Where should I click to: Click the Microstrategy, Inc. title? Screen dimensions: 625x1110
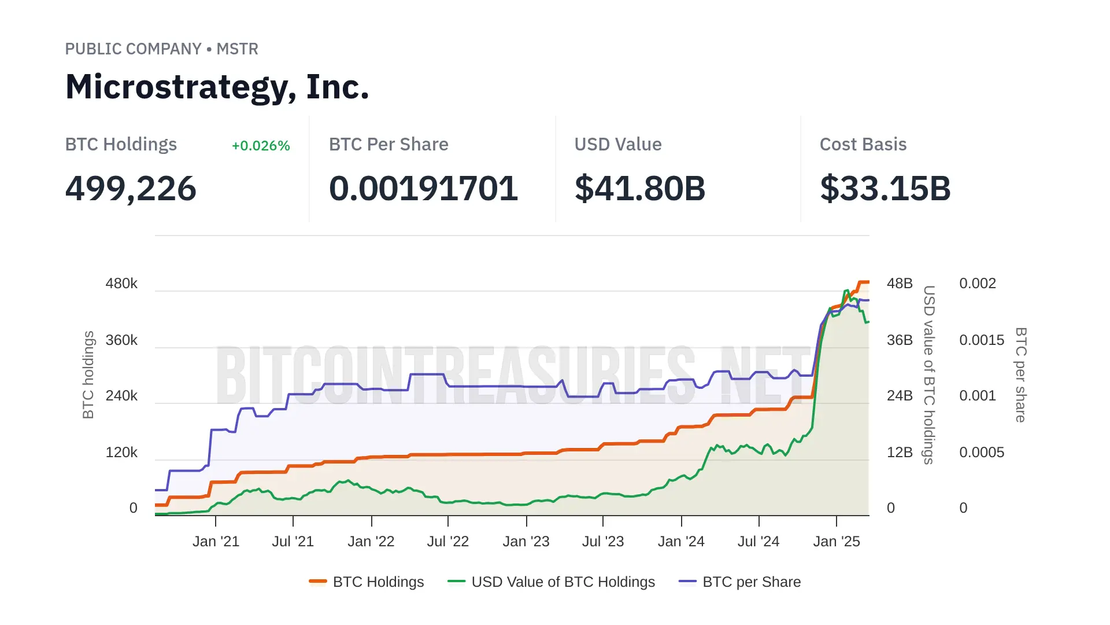click(217, 87)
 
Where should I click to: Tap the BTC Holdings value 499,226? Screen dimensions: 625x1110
click(131, 189)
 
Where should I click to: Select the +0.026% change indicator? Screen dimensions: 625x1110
click(261, 146)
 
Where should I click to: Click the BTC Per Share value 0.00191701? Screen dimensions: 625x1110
click(423, 189)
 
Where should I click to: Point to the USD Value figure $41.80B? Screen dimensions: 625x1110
click(639, 189)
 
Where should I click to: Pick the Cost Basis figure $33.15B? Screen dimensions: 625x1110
click(885, 189)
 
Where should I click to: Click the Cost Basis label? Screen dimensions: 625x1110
click(863, 145)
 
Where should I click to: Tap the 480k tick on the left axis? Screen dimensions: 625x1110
click(121, 284)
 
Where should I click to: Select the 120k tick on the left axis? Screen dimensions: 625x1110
click(121, 453)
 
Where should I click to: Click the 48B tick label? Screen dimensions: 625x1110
click(900, 284)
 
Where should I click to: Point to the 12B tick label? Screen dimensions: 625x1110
click(900, 453)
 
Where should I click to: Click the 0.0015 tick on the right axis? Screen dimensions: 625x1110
click(981, 340)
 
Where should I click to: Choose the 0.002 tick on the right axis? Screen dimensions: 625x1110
click(977, 284)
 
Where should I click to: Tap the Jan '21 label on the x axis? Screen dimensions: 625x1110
click(216, 542)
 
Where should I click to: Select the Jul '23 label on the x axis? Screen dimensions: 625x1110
click(602, 542)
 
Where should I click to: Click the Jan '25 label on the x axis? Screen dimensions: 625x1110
click(836, 542)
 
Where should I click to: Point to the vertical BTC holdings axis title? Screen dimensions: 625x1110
click(88, 375)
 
